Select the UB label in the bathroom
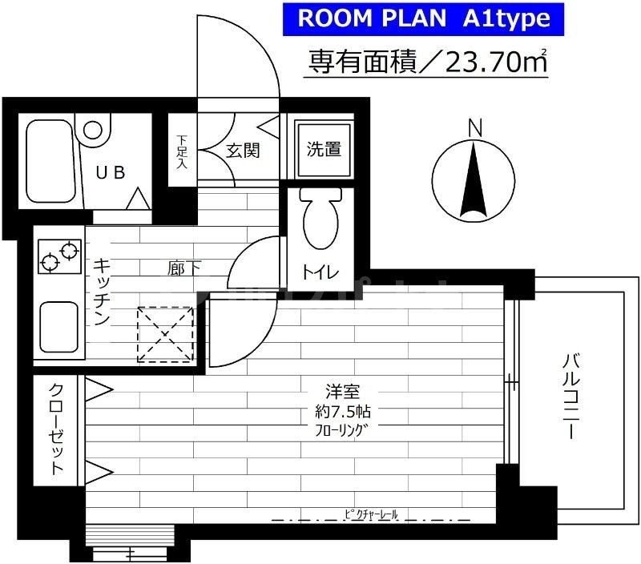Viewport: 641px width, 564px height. pyautogui.click(x=111, y=172)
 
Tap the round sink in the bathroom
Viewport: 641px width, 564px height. pyautogui.click(x=95, y=130)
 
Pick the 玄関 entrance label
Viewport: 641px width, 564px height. pyautogui.click(x=241, y=150)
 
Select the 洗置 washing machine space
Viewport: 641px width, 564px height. pyautogui.click(x=323, y=149)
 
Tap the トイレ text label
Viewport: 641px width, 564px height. pyautogui.click(x=320, y=272)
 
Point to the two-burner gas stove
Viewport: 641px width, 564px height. pyautogui.click(x=59, y=256)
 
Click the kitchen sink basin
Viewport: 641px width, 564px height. pyautogui.click(x=58, y=326)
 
